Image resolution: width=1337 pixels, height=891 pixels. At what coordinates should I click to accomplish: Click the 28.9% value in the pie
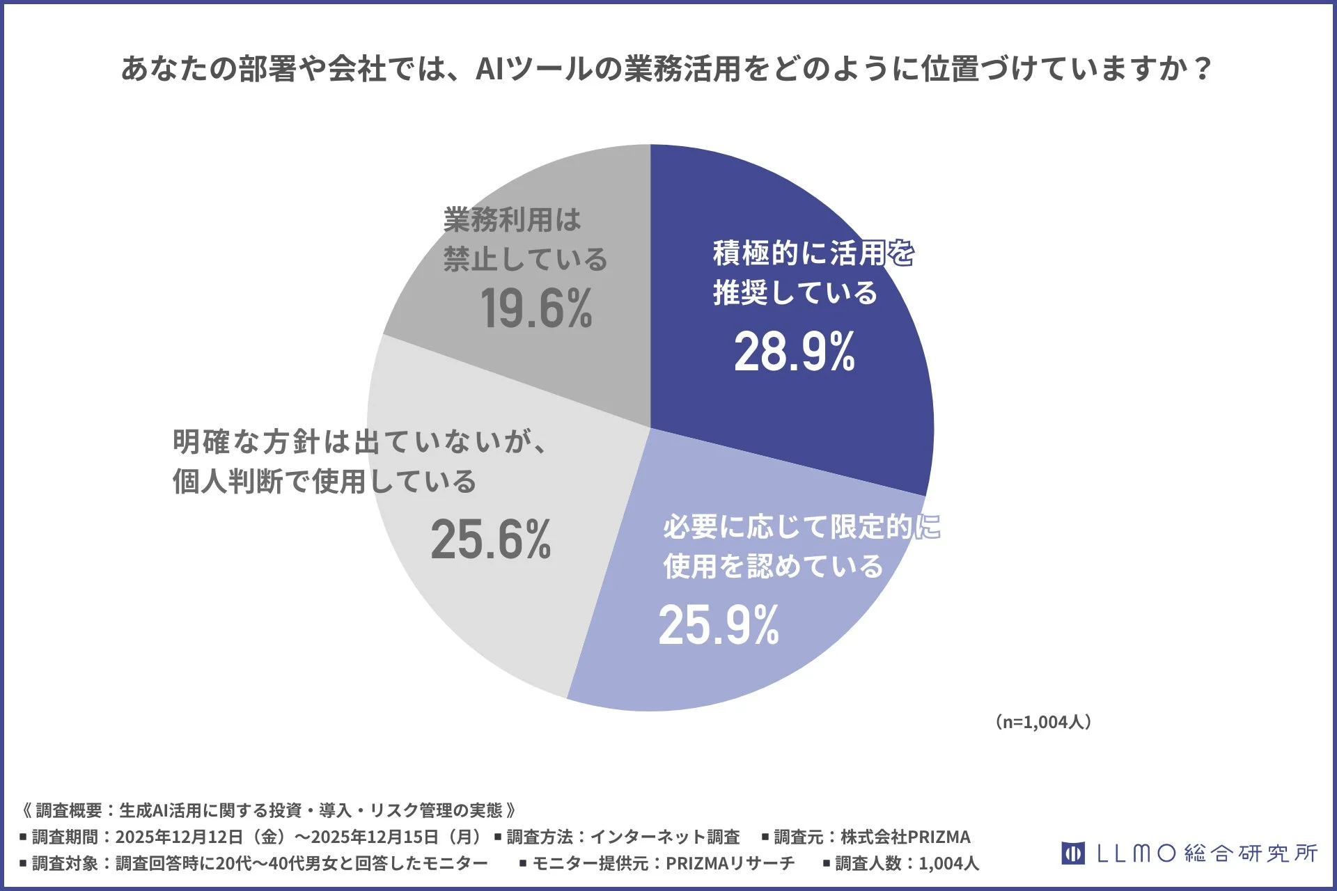[x=795, y=352]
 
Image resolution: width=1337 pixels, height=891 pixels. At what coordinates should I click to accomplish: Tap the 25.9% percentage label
[x=719, y=625]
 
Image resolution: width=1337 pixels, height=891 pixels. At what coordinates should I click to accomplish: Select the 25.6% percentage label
[x=491, y=539]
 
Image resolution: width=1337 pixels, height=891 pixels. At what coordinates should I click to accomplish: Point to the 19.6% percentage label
[x=536, y=309]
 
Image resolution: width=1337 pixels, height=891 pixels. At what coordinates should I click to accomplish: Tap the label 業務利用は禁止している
[x=525, y=239]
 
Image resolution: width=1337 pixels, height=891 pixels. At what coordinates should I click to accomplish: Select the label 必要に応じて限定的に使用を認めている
[x=801, y=546]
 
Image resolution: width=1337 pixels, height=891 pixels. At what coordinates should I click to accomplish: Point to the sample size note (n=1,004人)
[x=1043, y=722]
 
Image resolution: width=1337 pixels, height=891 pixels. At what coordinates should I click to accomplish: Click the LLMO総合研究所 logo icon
[x=1072, y=853]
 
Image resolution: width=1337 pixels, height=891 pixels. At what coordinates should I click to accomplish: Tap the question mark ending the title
[x=1203, y=69]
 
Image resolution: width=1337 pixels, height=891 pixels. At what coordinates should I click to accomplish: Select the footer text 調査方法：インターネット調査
[x=623, y=837]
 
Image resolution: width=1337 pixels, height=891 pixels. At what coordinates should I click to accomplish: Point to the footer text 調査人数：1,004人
[x=907, y=864]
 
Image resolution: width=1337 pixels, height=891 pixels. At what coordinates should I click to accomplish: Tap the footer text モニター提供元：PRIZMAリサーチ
[x=663, y=864]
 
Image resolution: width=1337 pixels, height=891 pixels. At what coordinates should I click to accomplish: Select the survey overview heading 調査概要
[x=69, y=810]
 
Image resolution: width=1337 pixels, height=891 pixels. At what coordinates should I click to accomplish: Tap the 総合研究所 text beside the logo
[x=1251, y=853]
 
